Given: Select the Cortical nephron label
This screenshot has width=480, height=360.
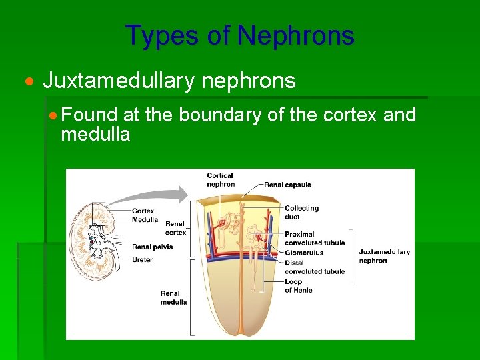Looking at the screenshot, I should pyautogui.click(x=221, y=180).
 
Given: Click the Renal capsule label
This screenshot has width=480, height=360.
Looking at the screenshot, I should pyautogui.click(x=287, y=185).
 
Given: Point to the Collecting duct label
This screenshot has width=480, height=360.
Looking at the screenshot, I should pyautogui.click(x=301, y=212).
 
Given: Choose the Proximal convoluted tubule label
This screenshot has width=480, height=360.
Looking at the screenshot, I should pyautogui.click(x=315, y=239).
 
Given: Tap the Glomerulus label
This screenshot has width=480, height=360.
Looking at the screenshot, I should pyautogui.click(x=303, y=253).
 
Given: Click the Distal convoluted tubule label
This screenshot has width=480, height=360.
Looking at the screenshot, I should pyautogui.click(x=315, y=267).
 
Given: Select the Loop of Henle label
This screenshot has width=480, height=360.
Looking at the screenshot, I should pyautogui.click(x=298, y=286).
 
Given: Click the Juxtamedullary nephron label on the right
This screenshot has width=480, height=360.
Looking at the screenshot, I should pyautogui.click(x=384, y=256).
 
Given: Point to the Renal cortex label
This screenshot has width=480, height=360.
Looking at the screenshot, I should pyautogui.click(x=175, y=228).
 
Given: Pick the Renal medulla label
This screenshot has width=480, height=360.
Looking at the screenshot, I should pyautogui.click(x=173, y=297).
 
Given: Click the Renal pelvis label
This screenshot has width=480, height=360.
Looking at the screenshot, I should pyautogui.click(x=152, y=247).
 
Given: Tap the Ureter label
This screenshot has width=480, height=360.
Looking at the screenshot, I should pyautogui.click(x=142, y=259).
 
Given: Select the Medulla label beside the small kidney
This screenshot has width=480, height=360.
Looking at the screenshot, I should pyautogui.click(x=145, y=219).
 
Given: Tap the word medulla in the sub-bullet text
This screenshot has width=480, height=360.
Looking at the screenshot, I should pyautogui.click(x=95, y=134).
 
